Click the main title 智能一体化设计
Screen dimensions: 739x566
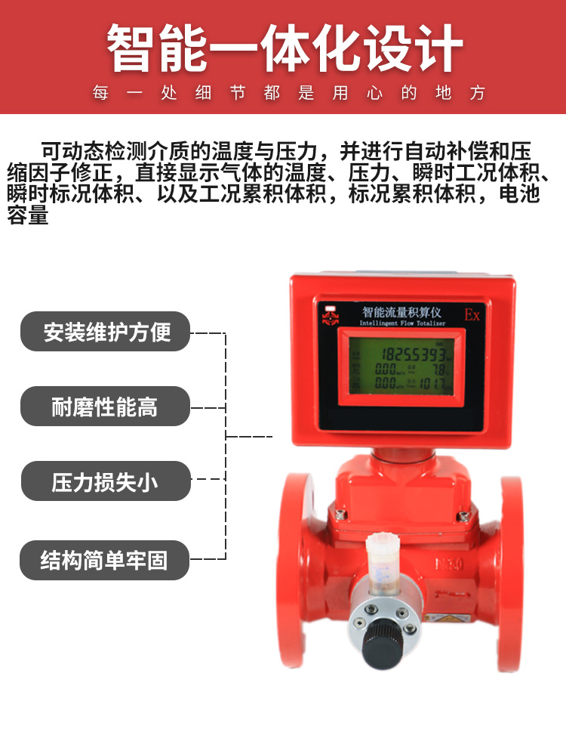tap(284, 49)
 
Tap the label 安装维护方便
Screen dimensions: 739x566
tap(105, 332)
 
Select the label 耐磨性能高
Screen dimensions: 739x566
tap(105, 407)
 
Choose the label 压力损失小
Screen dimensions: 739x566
tap(105, 481)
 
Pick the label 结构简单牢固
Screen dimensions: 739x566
tap(105, 561)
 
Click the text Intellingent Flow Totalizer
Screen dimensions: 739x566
tap(403, 323)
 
